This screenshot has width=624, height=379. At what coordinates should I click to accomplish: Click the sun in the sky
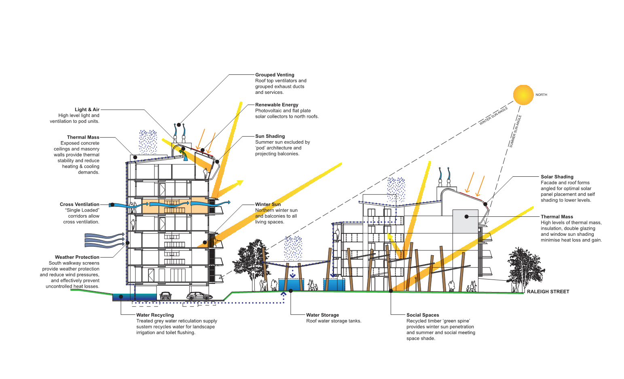click(523, 95)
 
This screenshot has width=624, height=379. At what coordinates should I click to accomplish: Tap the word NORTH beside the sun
click(541, 95)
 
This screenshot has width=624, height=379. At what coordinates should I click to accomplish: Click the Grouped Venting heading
click(275, 75)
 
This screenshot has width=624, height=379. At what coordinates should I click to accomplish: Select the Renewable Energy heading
click(277, 105)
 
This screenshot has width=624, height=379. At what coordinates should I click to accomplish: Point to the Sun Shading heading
click(270, 136)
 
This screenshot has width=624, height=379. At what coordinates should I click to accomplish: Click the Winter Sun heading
click(268, 204)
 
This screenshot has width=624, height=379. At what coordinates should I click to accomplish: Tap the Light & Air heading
click(87, 110)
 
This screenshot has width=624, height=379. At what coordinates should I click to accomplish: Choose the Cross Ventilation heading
click(79, 204)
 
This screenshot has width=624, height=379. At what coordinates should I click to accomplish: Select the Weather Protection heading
click(77, 257)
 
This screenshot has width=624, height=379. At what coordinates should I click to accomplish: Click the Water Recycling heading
click(155, 315)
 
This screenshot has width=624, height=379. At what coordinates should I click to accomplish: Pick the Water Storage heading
click(322, 315)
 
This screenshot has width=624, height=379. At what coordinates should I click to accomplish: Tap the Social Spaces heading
click(423, 315)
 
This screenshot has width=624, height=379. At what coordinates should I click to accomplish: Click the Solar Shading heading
click(557, 177)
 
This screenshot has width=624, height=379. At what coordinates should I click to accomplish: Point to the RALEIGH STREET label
click(548, 292)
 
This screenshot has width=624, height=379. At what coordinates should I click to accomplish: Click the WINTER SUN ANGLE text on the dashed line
click(493, 116)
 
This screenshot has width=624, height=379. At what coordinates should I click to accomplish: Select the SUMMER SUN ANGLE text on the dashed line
click(515, 131)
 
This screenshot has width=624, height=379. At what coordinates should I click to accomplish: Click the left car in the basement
click(165, 296)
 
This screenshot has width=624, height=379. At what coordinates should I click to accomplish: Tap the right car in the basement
click(199, 296)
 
